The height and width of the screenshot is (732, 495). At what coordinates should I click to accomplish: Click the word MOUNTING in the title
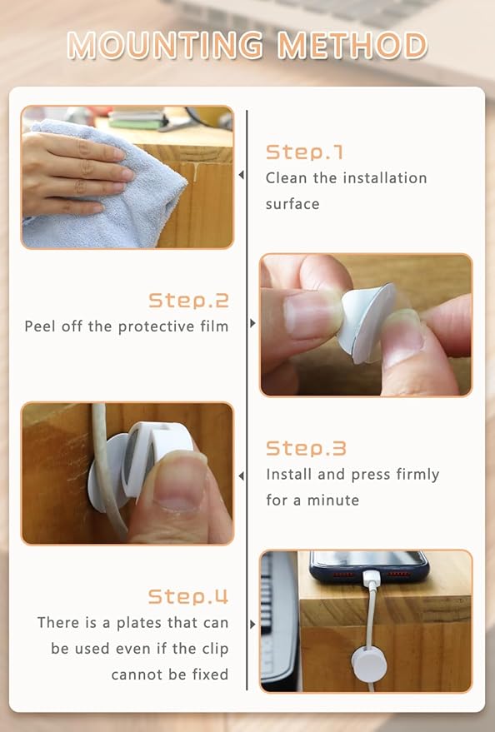point(165,45)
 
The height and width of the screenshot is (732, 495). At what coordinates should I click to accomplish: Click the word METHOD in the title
point(352,45)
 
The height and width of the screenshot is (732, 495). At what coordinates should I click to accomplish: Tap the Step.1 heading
point(304,152)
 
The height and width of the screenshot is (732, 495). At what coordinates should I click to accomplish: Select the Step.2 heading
point(188,300)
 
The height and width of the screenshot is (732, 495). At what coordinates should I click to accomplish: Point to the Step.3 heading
point(306,448)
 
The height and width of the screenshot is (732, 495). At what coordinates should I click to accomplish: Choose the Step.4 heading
point(188,596)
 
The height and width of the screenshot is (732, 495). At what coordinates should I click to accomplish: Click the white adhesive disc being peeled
point(366,322)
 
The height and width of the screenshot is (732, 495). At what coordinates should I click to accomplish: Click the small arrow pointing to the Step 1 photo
point(241,175)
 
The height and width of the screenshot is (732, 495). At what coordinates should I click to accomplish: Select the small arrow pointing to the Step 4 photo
point(253,625)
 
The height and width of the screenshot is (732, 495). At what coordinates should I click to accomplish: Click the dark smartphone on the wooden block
point(368,565)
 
